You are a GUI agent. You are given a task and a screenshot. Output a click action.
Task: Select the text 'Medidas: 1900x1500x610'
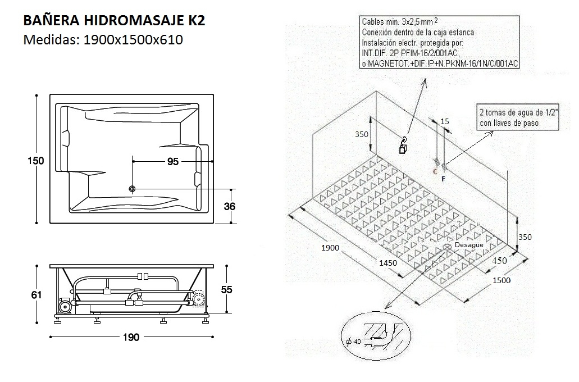103,40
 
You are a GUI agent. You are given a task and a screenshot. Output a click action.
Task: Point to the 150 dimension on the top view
36,161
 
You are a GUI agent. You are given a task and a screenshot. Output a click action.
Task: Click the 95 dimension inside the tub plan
172,161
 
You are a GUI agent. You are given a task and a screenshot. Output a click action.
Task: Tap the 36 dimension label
229,206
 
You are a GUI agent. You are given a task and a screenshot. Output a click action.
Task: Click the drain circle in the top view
133,189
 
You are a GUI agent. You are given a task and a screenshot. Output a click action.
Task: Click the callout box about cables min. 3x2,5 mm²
439,43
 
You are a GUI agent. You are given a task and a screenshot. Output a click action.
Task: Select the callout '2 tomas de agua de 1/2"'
517,117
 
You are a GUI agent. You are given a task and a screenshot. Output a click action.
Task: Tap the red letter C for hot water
435,172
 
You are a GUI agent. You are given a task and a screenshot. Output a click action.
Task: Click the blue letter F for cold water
443,179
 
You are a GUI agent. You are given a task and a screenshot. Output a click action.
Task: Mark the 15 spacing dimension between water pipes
445,121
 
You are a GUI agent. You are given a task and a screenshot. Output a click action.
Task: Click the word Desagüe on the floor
468,245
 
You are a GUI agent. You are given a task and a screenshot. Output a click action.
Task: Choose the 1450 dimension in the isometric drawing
387,263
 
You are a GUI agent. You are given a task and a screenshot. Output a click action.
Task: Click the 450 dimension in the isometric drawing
499,261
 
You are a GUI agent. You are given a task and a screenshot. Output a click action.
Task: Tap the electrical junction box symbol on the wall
402,149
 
